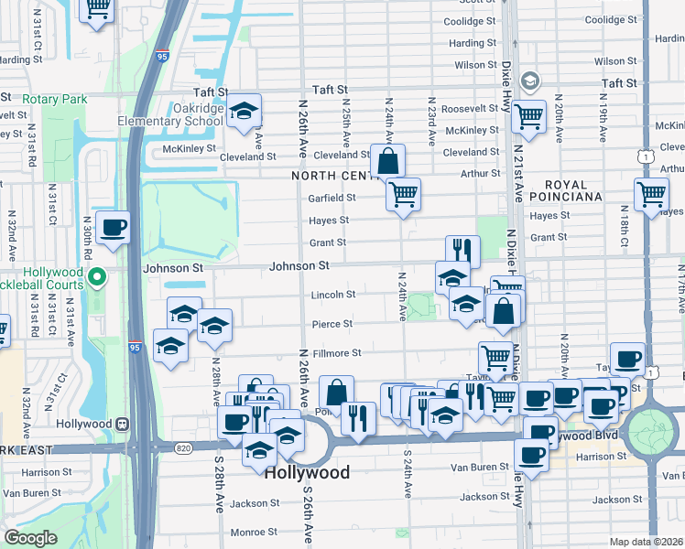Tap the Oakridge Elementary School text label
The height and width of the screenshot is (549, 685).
point(169,114)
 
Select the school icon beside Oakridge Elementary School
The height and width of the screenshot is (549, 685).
point(245,112)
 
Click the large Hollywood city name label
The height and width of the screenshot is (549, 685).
point(307,473)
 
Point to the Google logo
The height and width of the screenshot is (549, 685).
point(30,538)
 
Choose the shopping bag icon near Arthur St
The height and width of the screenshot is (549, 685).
point(388,161)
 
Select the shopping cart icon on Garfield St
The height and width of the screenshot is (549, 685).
point(403,194)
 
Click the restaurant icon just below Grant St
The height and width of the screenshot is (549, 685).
point(462,251)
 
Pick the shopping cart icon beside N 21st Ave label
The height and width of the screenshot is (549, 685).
point(528,116)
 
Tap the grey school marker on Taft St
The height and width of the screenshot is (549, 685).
point(529,82)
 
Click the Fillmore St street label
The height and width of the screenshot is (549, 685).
point(339,352)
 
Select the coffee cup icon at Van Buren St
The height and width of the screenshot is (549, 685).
point(530,453)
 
